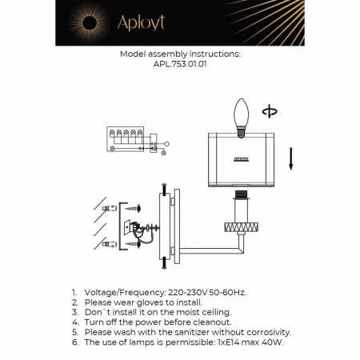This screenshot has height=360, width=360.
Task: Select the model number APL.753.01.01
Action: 179,66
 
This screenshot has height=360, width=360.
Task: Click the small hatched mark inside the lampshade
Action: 240,159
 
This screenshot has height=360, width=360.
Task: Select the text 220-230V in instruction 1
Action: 186,294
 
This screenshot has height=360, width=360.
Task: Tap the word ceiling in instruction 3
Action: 214,313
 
